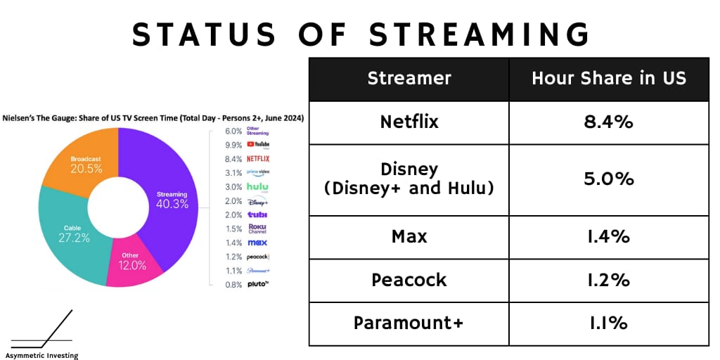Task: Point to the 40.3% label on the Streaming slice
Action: (x=172, y=205)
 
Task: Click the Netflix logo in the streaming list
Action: (x=258, y=159)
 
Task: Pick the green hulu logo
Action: (x=257, y=187)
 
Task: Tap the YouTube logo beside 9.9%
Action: (x=258, y=145)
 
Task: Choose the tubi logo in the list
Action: (x=257, y=214)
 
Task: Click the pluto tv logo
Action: (x=258, y=284)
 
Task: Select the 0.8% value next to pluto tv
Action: (x=233, y=285)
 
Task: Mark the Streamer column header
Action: (x=409, y=79)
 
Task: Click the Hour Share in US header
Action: (x=609, y=79)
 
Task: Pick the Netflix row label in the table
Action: (x=409, y=122)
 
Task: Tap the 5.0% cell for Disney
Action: (x=609, y=179)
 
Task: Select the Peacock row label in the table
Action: (x=409, y=280)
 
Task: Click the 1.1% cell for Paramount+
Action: (x=609, y=323)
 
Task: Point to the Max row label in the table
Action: (x=409, y=237)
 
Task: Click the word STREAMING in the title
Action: (x=479, y=34)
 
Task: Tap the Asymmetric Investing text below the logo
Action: (x=41, y=355)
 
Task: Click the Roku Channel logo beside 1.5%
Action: (x=257, y=229)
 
